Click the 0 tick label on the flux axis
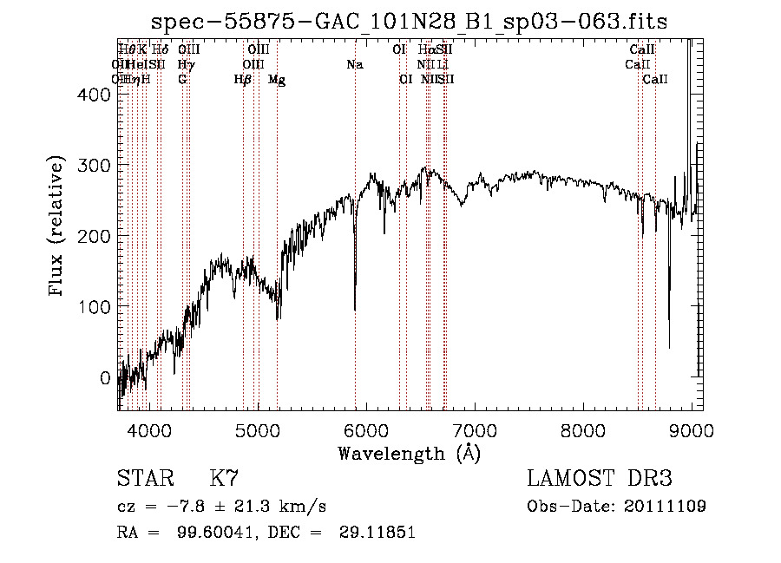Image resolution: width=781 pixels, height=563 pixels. pyautogui.click(x=106, y=378)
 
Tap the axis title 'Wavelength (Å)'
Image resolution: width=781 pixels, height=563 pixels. pyautogui.click(x=409, y=453)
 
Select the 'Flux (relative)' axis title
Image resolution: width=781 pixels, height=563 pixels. pyautogui.click(x=58, y=227)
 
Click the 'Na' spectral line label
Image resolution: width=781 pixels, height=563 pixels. pyautogui.click(x=354, y=64)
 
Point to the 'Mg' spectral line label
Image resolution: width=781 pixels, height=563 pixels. pyautogui.click(x=277, y=80)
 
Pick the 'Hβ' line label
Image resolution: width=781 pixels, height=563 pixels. pyautogui.click(x=243, y=80)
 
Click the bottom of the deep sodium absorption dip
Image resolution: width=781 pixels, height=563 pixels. pyautogui.click(x=355, y=308)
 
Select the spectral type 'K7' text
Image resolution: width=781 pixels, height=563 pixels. pyautogui.click(x=224, y=479)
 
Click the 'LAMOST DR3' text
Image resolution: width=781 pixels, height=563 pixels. pyautogui.click(x=599, y=479)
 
